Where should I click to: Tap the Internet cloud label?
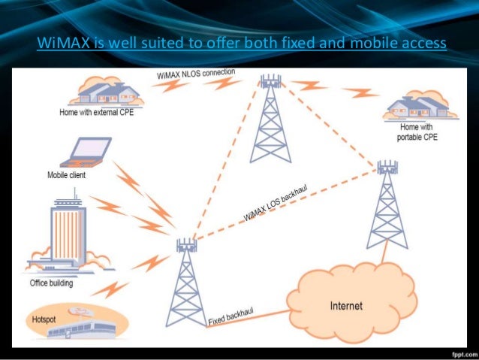[x=346, y=306]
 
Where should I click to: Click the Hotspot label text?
[x=44, y=319]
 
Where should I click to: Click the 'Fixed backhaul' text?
[x=233, y=316]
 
